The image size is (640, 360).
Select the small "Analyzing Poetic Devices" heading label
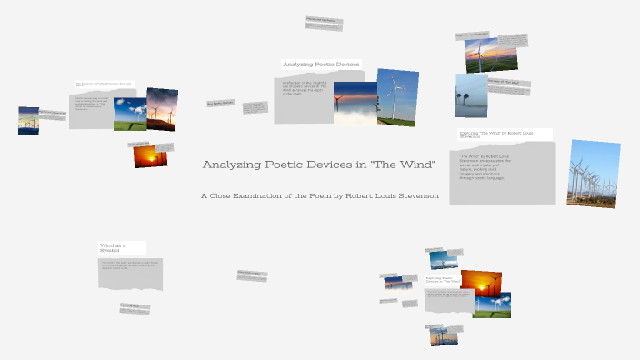click(321, 65)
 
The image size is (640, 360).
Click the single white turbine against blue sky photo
click(397, 97)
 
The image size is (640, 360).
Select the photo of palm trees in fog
click(471, 95)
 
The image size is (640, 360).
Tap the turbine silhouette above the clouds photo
click(355, 103)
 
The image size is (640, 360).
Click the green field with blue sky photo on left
click(129, 114)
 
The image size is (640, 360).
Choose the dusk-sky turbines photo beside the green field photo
click(162, 109)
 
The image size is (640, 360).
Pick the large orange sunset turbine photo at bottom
click(480, 284)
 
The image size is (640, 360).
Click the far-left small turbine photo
click(28, 121)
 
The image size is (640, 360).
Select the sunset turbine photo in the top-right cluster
click(479, 55)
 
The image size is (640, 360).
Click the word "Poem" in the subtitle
click(320, 196)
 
